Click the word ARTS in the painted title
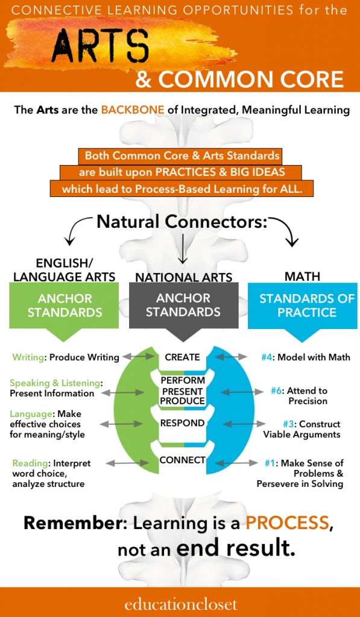(100, 45)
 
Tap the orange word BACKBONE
(133, 110)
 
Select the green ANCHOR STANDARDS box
(64, 312)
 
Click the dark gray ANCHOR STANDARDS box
(183, 312)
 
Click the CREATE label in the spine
(182, 357)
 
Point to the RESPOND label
(182, 424)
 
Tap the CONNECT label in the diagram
(182, 460)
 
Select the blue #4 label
(268, 357)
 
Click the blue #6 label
(277, 391)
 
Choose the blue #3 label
(290, 425)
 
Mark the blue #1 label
(270, 463)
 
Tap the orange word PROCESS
(288, 524)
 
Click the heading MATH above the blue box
(303, 276)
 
